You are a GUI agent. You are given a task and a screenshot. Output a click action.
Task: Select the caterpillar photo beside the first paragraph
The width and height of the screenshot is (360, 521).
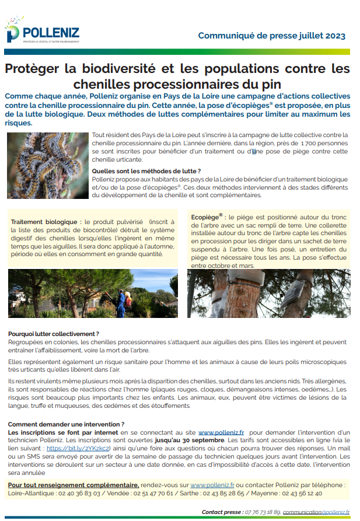pyautogui.click(x=47, y=166)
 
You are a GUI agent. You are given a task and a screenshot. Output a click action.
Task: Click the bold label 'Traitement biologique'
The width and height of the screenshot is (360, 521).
pyautogui.click(x=46, y=222)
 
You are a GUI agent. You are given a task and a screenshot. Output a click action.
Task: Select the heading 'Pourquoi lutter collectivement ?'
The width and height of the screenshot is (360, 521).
pyautogui.click(x=54, y=333)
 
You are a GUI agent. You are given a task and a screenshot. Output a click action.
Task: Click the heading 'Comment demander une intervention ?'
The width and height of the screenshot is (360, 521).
pyautogui.click(x=66, y=424)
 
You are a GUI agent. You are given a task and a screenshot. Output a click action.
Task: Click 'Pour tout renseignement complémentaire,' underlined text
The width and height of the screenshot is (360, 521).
pyautogui.click(x=74, y=485)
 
